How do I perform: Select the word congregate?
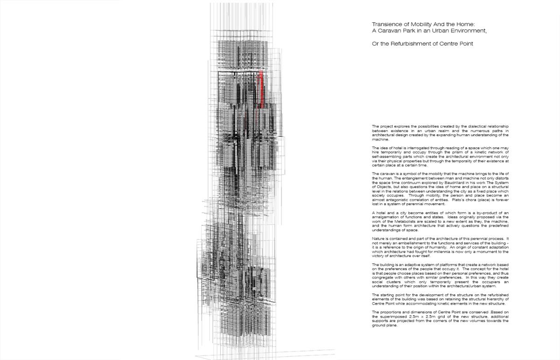[x=385, y=279]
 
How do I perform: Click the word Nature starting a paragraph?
[x=378, y=238]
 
